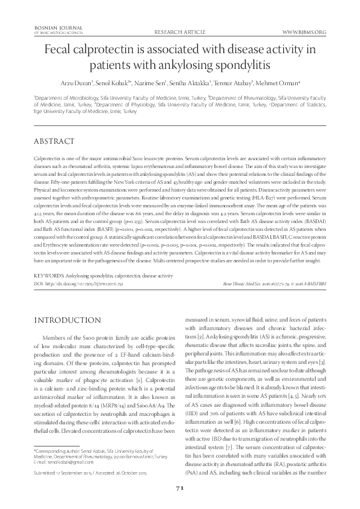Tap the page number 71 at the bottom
(x=180, y=488)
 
